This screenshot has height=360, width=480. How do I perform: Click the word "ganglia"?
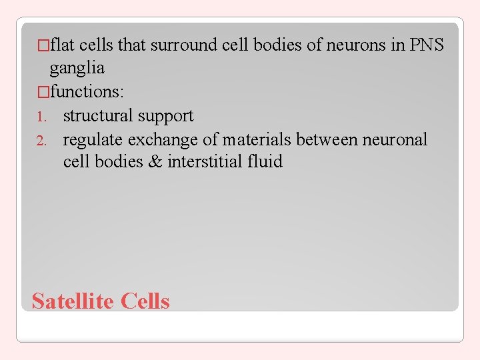(x=77, y=68)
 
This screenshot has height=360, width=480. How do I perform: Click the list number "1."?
(x=41, y=117)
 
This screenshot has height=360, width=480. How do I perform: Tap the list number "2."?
(x=41, y=141)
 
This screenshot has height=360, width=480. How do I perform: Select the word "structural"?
(x=98, y=115)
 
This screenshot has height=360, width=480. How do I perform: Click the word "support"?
(x=165, y=116)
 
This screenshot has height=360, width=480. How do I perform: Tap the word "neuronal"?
(x=395, y=139)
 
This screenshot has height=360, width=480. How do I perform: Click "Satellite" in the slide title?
(x=74, y=301)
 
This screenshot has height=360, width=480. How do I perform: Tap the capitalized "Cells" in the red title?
(x=145, y=301)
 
